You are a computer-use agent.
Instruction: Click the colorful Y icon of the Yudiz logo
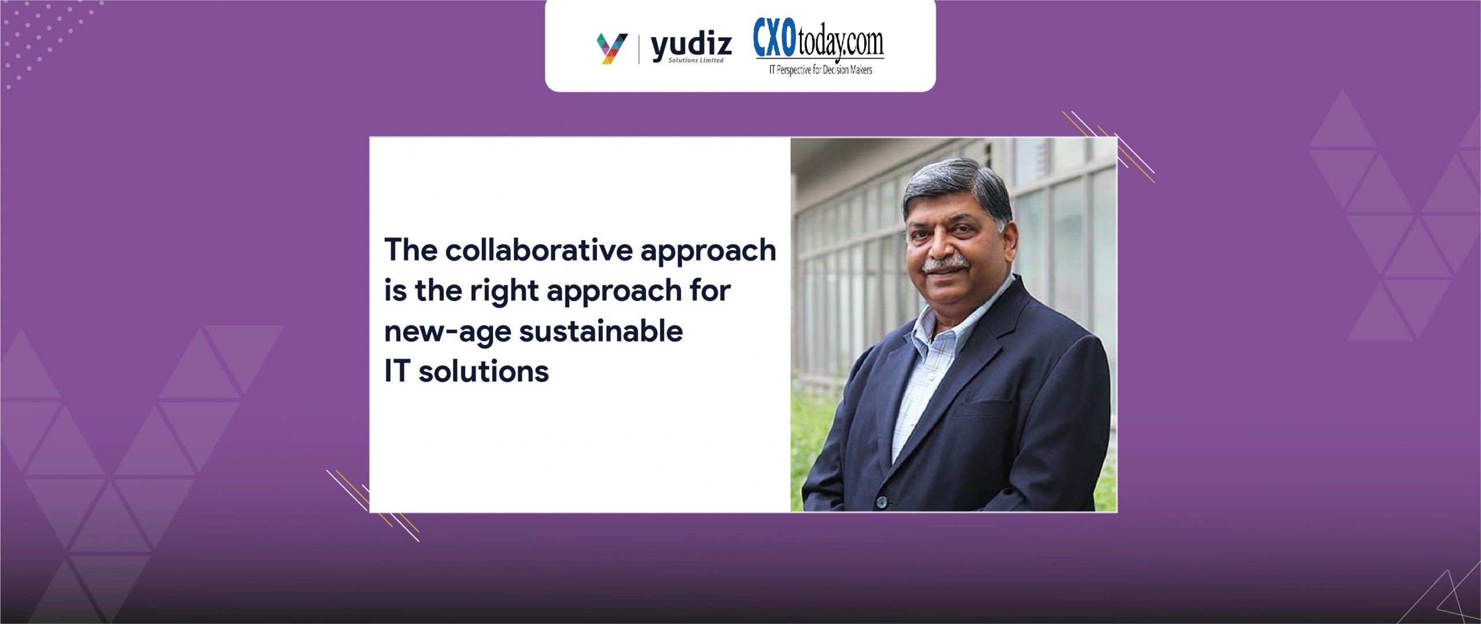(x=611, y=49)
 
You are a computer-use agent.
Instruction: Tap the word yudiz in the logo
(x=691, y=46)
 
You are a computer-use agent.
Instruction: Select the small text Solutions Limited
(x=696, y=60)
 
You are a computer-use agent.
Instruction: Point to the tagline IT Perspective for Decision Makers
(x=820, y=70)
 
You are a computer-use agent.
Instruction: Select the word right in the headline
(x=504, y=291)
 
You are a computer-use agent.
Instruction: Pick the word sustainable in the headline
(x=601, y=331)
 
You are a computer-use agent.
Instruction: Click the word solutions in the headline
(x=484, y=372)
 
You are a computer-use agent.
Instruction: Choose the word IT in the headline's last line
(x=397, y=372)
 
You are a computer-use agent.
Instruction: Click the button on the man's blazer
(x=881, y=501)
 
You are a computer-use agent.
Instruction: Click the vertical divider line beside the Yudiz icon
(x=639, y=49)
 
